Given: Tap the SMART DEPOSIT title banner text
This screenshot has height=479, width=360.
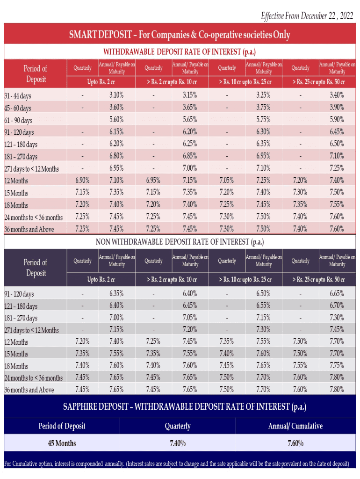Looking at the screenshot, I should [x=180, y=35].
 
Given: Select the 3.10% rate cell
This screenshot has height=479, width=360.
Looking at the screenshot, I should [x=116, y=95].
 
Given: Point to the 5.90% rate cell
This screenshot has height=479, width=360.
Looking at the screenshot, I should [x=337, y=119].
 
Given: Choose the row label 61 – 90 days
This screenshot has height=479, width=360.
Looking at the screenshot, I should [x=18, y=120].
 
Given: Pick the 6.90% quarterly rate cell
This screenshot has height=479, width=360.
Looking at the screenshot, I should [x=82, y=180].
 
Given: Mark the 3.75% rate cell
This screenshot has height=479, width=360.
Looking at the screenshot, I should [x=263, y=107].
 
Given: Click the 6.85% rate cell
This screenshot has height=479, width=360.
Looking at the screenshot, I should [x=190, y=156].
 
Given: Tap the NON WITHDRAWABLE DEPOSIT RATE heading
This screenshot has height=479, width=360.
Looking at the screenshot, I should [x=180, y=242].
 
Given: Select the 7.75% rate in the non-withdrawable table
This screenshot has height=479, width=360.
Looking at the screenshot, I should [x=337, y=365].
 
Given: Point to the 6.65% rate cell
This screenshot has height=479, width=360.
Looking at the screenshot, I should [x=337, y=293].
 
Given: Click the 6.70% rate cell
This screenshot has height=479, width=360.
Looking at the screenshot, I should [x=337, y=305].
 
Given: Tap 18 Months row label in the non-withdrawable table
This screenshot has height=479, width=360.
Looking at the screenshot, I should [x=16, y=366].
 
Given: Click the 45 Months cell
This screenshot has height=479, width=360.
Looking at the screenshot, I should [x=62, y=443].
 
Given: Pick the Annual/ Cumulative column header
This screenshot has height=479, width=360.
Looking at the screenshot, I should [x=295, y=426].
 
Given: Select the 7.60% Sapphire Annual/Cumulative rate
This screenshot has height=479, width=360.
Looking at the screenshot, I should [x=295, y=443].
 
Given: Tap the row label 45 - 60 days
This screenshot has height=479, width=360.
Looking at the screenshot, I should [x=18, y=108].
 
